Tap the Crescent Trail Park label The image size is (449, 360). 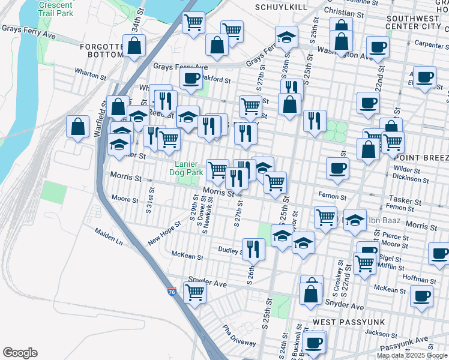tap(56, 8)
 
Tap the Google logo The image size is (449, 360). tap(20, 353)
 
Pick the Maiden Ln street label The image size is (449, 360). tap(108, 236)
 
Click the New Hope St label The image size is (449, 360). tap(163, 236)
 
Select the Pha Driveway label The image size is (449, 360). tap(239, 335)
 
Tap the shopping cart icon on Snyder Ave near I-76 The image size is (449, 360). tap(194, 293)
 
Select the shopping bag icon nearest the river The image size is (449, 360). tap(77, 127)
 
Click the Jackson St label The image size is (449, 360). tap(377, 332)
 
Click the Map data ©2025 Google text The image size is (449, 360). tap(411, 355)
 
